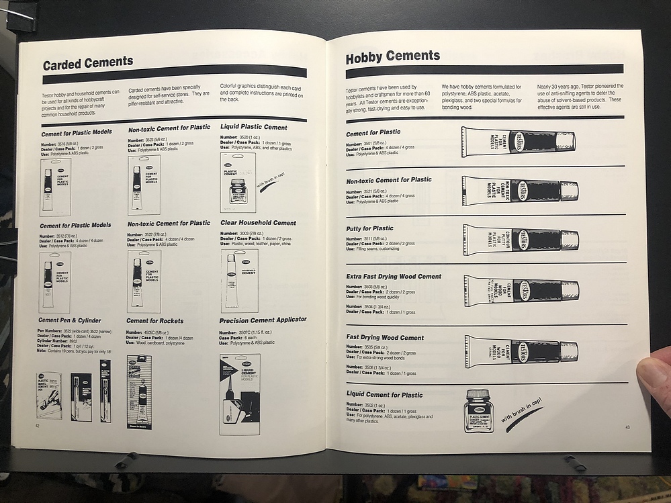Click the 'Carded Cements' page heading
click(x=88, y=64)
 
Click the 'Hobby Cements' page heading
click(x=393, y=58)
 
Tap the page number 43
click(x=627, y=427)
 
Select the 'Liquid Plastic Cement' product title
click(x=253, y=127)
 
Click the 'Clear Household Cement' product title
click(x=258, y=223)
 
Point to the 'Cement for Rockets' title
click(x=154, y=321)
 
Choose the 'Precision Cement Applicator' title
click(x=263, y=320)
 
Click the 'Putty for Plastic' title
click(x=369, y=228)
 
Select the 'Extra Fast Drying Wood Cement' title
click(x=394, y=277)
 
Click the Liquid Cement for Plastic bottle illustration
click(x=479, y=410)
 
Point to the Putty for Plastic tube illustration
click(x=521, y=239)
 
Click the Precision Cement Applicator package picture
click(x=240, y=394)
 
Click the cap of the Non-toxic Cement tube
click(x=569, y=191)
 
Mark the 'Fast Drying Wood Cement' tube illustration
click(x=521, y=351)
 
